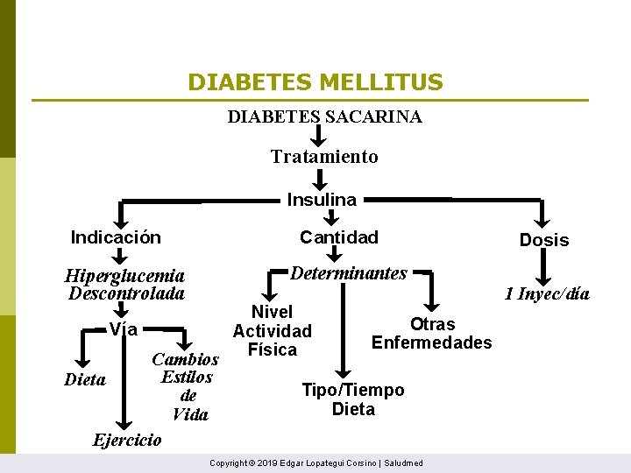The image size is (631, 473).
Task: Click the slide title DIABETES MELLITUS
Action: point(315,83)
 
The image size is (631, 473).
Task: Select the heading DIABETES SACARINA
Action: point(324,116)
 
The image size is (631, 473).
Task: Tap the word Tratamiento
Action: point(324,157)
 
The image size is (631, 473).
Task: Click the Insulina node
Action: point(322,200)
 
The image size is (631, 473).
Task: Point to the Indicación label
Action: point(116,237)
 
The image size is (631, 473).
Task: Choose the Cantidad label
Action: point(339,237)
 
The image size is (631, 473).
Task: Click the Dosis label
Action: point(544,240)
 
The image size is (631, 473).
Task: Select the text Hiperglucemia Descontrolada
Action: point(125,284)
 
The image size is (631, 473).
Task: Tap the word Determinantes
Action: point(349,273)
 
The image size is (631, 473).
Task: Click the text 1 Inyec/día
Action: point(547,293)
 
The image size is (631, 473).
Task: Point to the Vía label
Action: point(124,330)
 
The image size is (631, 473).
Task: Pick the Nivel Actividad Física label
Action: point(272,331)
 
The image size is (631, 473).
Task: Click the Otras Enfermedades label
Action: point(432,334)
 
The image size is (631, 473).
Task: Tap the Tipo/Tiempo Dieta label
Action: point(353,399)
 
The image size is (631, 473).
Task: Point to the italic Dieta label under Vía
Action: point(85,380)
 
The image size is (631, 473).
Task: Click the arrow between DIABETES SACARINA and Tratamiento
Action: point(320,136)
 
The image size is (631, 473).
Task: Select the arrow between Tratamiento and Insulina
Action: point(320,178)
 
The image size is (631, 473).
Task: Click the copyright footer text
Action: point(315,462)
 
